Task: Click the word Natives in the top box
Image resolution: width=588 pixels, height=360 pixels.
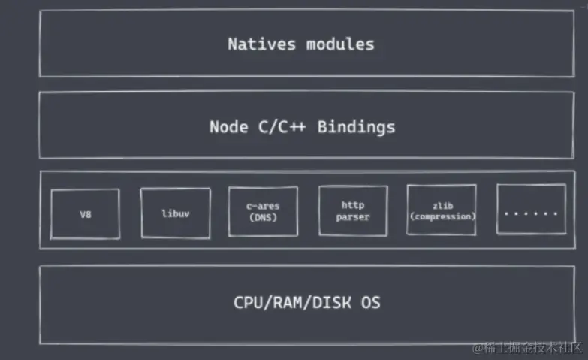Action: [262, 44]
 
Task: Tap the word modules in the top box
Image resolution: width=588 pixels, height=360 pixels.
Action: [340, 44]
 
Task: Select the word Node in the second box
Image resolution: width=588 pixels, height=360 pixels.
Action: [229, 127]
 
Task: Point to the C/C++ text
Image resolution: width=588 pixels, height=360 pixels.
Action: [282, 127]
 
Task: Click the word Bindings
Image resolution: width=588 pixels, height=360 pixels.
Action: [356, 128]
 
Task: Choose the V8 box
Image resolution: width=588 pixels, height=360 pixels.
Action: [86, 214]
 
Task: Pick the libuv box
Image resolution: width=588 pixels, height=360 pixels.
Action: [176, 213]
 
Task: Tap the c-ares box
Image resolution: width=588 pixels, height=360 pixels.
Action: [264, 211]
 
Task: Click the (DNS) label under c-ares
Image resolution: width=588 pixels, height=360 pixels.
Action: [263, 218]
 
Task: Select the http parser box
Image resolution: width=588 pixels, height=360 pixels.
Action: [353, 210]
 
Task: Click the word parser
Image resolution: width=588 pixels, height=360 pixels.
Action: [353, 217]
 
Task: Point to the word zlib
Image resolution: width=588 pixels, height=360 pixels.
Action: [443, 206]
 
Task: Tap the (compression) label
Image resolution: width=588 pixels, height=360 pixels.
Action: [442, 216]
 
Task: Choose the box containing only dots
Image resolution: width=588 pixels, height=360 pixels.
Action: [532, 209]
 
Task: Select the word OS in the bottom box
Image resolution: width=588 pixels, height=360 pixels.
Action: [371, 303]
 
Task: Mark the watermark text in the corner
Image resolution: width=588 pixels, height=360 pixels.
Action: [527, 348]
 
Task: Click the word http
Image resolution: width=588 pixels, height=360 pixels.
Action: [353, 205]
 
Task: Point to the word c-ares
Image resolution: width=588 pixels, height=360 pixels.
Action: [263, 206]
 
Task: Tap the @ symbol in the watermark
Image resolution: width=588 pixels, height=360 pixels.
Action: [478, 349]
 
